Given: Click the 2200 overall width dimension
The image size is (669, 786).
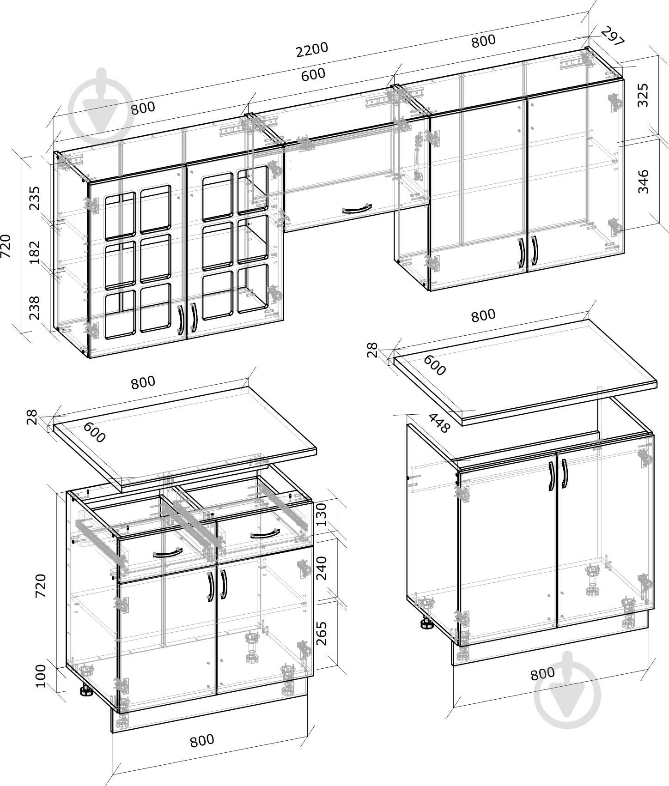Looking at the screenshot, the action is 312,49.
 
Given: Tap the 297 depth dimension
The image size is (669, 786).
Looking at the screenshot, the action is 613,36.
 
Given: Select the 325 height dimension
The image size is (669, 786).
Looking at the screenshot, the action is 643,95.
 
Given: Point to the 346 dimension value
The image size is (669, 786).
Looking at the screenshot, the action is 643,181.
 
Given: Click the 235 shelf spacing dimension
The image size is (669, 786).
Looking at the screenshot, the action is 35,198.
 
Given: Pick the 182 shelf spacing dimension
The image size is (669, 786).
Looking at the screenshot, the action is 35,253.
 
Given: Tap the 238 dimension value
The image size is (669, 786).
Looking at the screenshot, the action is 35,308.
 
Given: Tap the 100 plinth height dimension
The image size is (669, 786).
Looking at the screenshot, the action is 41,676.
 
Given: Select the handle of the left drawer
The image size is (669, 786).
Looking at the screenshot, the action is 167,553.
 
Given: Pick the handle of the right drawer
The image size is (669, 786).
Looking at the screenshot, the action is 265,535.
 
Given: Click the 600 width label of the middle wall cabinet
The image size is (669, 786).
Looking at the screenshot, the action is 313,74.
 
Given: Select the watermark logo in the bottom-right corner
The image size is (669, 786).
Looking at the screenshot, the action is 567,685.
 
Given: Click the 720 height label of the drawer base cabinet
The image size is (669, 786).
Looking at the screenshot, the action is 41,586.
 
